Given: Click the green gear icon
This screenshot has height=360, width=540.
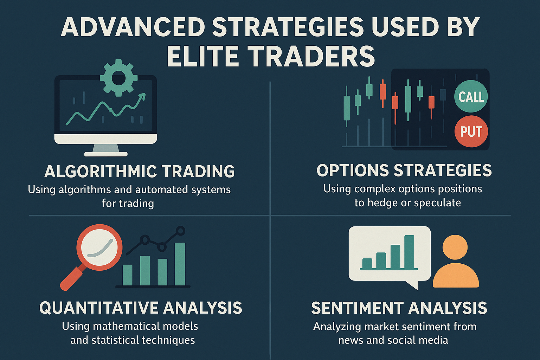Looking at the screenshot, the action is [118, 78].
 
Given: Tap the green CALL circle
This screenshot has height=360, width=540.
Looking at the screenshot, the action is [471, 96].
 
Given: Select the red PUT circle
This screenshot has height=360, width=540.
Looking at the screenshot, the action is [471, 131].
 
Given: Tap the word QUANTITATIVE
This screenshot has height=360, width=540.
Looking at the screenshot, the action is [99, 308].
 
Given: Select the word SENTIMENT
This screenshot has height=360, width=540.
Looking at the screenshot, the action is [357, 308].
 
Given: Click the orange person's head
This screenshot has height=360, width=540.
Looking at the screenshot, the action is [455, 247].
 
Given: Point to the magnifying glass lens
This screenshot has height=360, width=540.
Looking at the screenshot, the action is [99, 248].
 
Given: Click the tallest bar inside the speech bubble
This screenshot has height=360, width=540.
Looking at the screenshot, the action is [409, 252].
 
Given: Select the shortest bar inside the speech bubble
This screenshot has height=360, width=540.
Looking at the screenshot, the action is [367, 263].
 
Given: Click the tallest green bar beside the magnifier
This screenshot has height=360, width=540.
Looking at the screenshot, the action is [180, 264].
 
